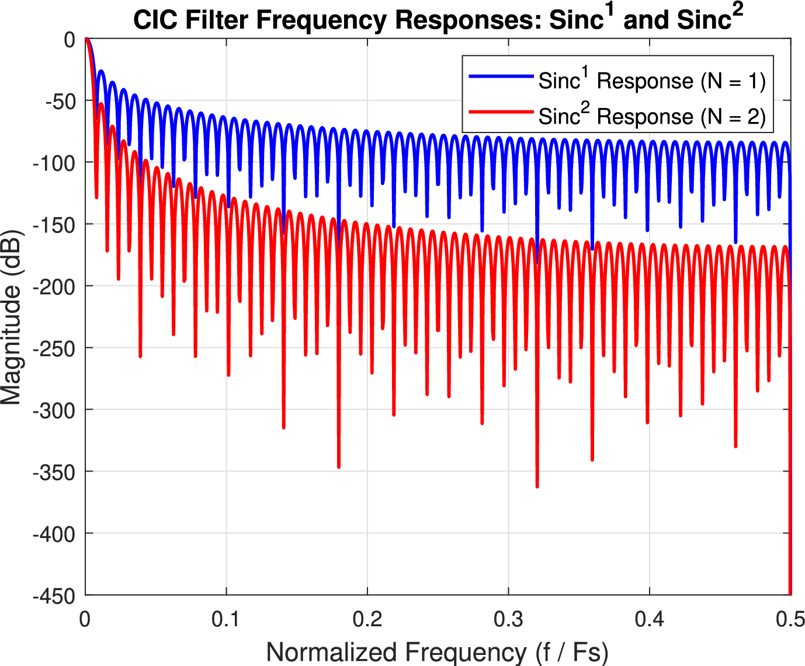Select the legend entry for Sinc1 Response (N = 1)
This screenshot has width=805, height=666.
(651, 81)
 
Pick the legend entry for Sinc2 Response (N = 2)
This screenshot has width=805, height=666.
(651, 116)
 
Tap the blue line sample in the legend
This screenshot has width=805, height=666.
(501, 76)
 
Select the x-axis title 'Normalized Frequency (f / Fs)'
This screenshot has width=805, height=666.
(437, 651)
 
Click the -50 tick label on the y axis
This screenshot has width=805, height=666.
(60, 101)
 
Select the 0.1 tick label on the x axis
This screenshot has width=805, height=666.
(226, 619)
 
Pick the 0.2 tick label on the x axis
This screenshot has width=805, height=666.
(367, 619)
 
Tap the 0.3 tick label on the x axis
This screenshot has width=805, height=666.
(508, 619)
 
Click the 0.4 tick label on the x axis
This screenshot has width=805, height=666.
(650, 619)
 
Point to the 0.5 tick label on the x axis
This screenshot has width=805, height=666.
(790, 619)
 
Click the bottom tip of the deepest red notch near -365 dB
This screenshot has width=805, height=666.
(537, 486)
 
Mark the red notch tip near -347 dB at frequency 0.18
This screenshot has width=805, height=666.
(339, 467)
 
